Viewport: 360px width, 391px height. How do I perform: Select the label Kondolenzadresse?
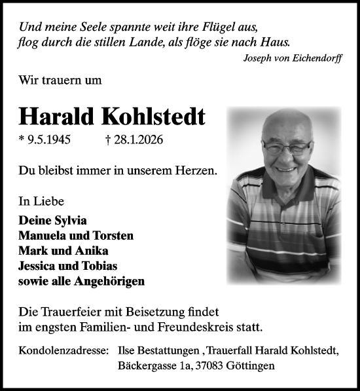63,352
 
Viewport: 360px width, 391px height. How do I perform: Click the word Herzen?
196,170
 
